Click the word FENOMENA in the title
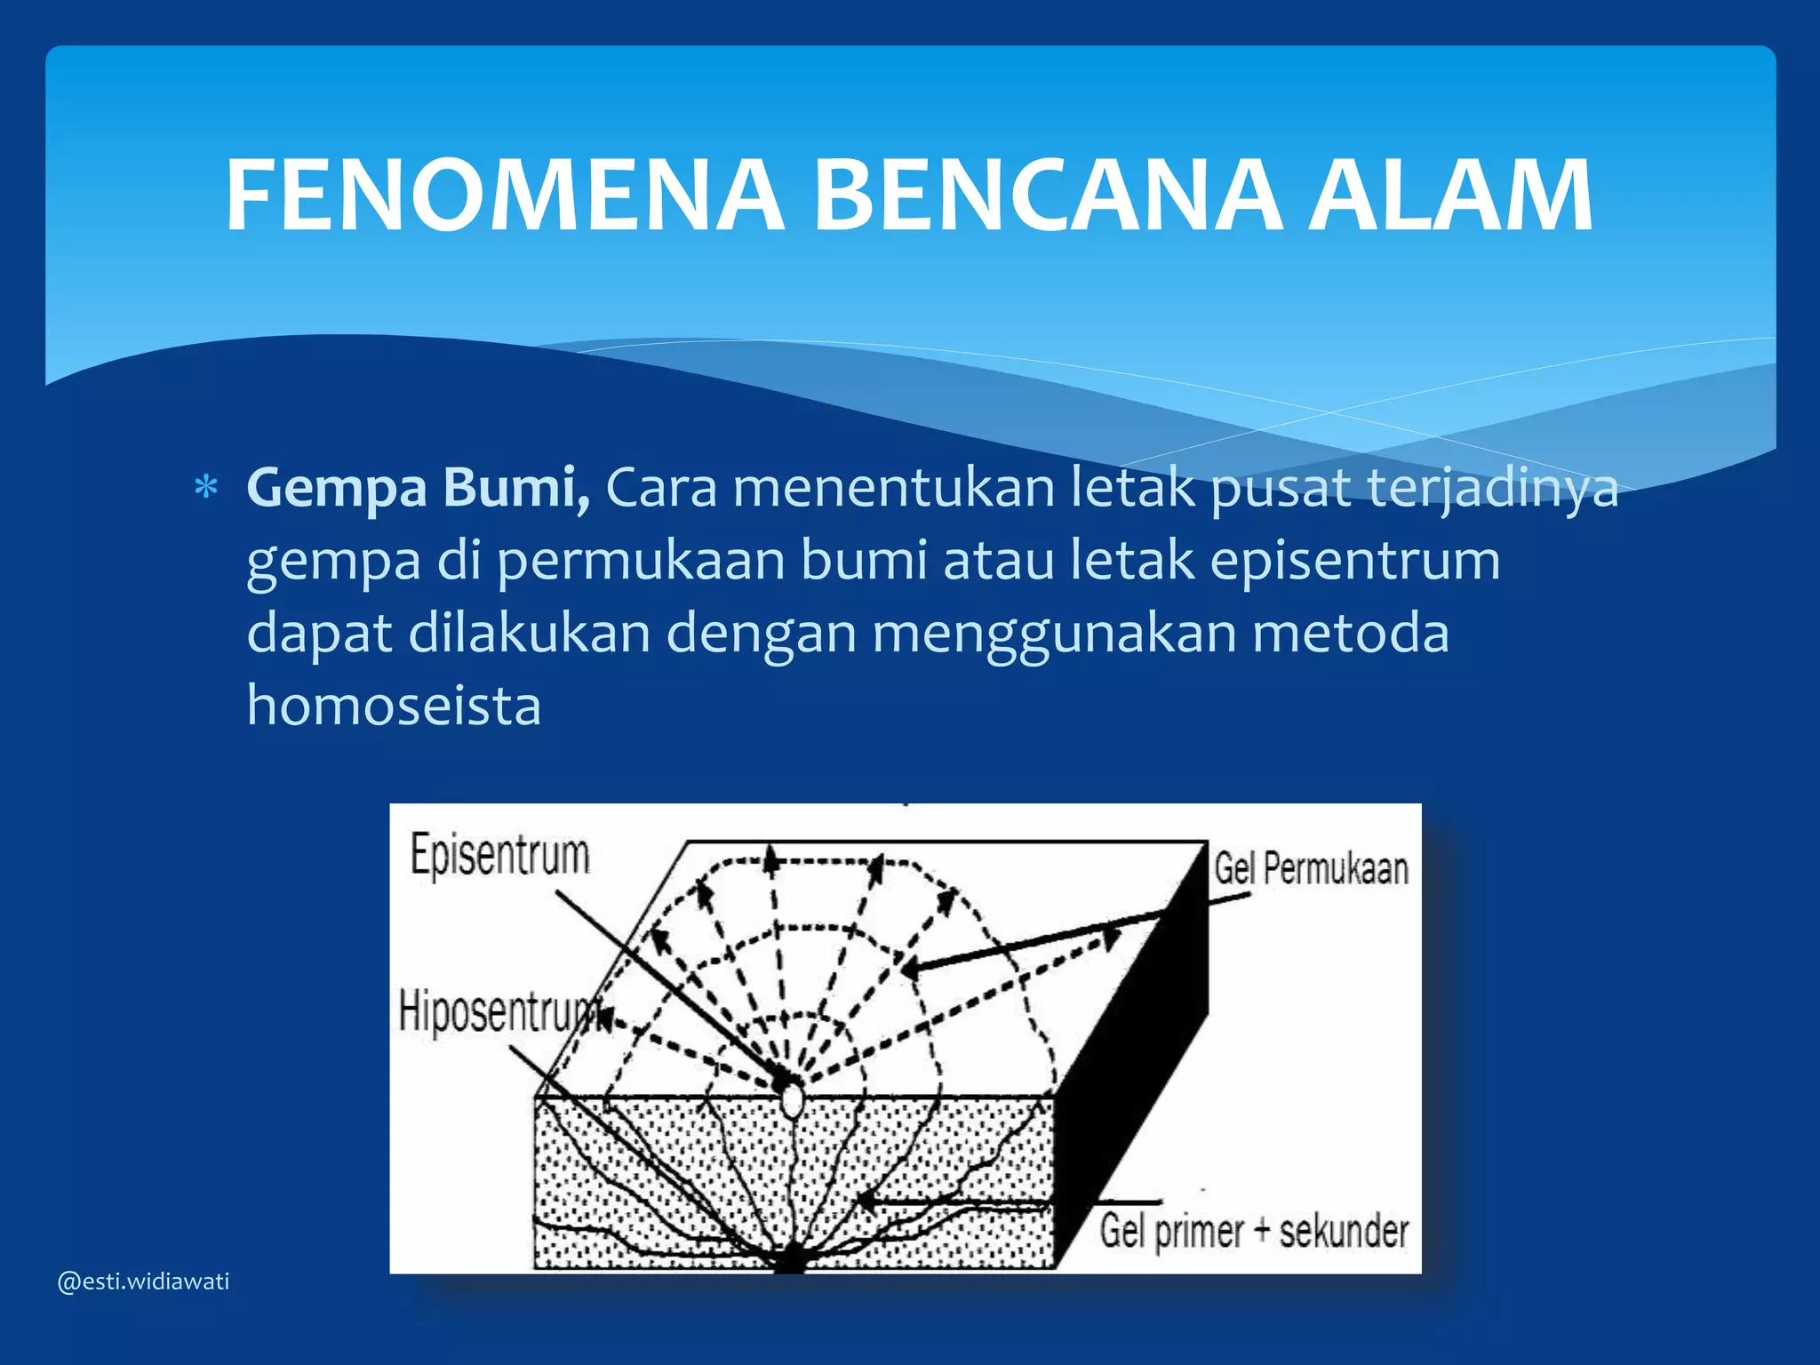[x=504, y=196]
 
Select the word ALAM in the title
[x=1450, y=196]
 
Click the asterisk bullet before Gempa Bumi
[x=206, y=489]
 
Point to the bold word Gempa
[x=337, y=489]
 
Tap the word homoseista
[x=394, y=706]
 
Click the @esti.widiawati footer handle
[x=143, y=1281]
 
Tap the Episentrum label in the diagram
[x=499, y=856]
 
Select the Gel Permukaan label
[x=1312, y=869]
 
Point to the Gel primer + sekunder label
[x=1254, y=1232]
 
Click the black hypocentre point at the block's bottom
[x=789, y=1262]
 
